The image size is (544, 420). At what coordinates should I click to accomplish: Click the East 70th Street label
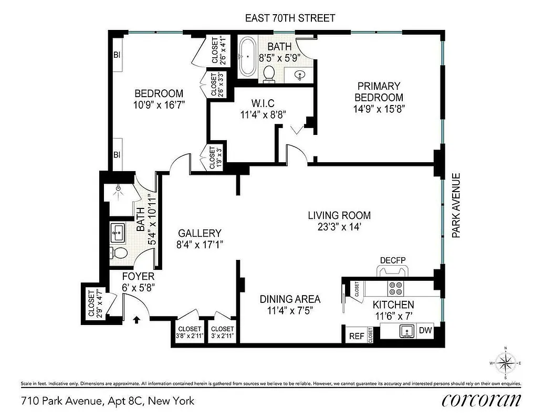(x=290, y=18)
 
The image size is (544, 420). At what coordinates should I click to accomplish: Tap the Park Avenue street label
(x=456, y=206)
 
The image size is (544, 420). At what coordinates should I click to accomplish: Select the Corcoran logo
(x=482, y=400)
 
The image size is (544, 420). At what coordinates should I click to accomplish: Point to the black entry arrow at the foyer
(x=138, y=319)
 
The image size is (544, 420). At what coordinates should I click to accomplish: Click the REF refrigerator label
(x=357, y=336)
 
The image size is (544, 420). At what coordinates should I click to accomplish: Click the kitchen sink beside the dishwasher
(x=405, y=331)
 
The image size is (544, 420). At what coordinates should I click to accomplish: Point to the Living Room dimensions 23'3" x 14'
(x=339, y=227)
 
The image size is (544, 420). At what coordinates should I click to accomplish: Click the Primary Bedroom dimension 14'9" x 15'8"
(x=379, y=109)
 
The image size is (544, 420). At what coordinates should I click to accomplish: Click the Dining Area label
(x=290, y=299)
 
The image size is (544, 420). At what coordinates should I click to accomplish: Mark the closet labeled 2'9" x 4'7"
(x=91, y=304)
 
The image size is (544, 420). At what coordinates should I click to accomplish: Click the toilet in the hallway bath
(x=120, y=253)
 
